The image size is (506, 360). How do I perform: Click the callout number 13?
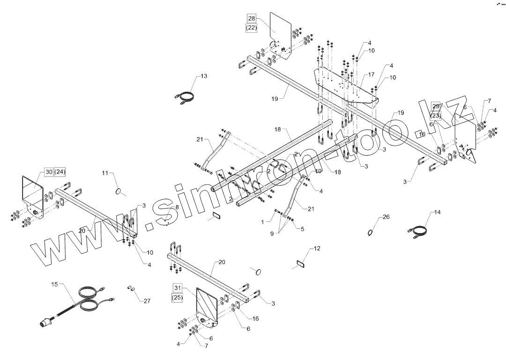coord(203,76)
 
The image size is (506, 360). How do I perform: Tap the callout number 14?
coord(438,212)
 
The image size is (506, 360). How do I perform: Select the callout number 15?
coord(54,284)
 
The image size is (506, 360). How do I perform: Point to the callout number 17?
coord(371,74)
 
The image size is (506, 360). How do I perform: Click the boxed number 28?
coord(252,18)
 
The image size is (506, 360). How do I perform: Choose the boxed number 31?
coord(177,287)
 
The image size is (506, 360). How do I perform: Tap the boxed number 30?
coord(49,172)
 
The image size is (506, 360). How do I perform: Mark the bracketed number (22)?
coord(252,28)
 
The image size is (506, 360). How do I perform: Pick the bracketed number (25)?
coord(177,297)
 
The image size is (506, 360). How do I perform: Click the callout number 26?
coord(386,217)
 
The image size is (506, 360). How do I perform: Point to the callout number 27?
coord(147,301)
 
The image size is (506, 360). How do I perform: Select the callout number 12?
coord(317,248)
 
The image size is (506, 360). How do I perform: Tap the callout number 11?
coord(105,173)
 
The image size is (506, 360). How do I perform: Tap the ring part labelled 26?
coord(371,233)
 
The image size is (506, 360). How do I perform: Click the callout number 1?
coord(263,222)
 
